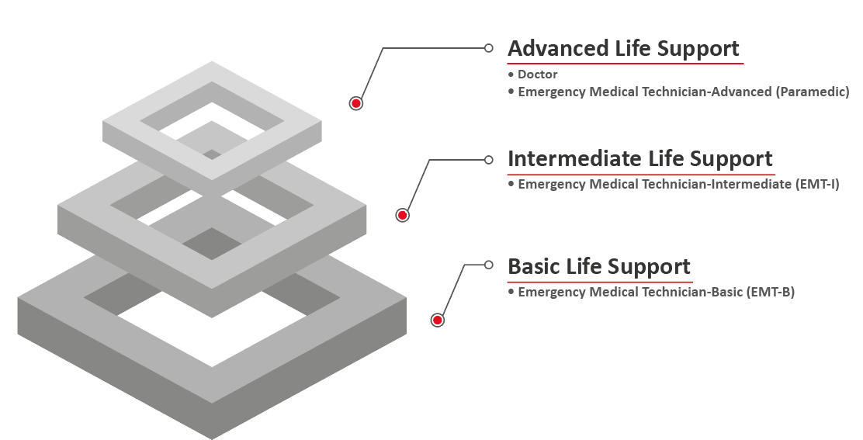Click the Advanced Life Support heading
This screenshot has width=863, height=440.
click(623, 49)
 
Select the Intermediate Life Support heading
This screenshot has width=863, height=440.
click(640, 159)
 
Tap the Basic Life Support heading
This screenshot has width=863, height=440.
click(598, 267)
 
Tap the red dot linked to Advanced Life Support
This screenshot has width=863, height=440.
click(356, 103)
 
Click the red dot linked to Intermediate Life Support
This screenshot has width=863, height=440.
click(402, 215)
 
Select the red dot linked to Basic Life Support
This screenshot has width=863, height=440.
click(437, 320)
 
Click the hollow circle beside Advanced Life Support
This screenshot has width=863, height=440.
click(488, 48)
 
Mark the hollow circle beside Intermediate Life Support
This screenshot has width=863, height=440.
click(488, 160)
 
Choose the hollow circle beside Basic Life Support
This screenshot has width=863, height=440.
click(488, 265)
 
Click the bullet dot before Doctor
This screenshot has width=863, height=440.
click(511, 74)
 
